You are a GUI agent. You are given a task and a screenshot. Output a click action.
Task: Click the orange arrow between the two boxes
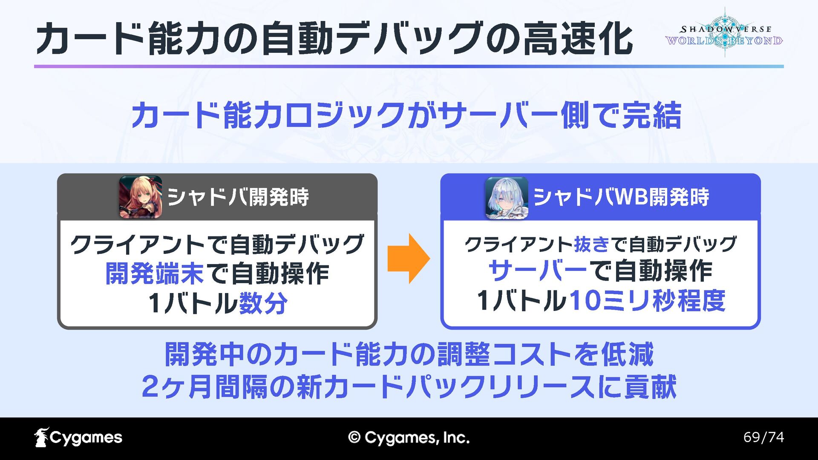click(x=408, y=259)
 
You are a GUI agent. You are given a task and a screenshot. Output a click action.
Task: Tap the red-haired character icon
click(x=140, y=197)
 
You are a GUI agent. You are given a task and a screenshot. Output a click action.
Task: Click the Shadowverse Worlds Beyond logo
click(x=724, y=34)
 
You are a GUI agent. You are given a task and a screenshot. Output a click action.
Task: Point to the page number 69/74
click(x=763, y=437)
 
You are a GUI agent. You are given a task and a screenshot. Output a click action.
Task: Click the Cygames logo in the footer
click(x=78, y=437)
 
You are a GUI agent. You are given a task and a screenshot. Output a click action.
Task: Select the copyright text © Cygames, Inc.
click(x=409, y=438)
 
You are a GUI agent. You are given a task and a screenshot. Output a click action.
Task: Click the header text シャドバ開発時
click(x=238, y=197)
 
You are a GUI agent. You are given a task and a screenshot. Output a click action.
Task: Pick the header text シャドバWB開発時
click(x=621, y=197)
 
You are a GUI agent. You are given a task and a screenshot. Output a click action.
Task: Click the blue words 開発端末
click(x=155, y=273)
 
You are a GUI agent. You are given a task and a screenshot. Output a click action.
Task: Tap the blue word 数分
click(x=263, y=303)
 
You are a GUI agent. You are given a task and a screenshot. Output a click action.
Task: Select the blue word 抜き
click(x=592, y=244)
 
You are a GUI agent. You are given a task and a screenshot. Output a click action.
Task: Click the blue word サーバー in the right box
click(x=538, y=271)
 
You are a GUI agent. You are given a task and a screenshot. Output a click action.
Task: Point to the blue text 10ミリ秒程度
click(x=647, y=301)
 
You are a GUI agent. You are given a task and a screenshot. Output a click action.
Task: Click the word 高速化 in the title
click(x=578, y=39)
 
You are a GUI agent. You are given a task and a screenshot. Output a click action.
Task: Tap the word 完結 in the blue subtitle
click(x=651, y=115)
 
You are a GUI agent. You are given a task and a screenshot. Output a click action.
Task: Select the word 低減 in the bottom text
click(x=627, y=354)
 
